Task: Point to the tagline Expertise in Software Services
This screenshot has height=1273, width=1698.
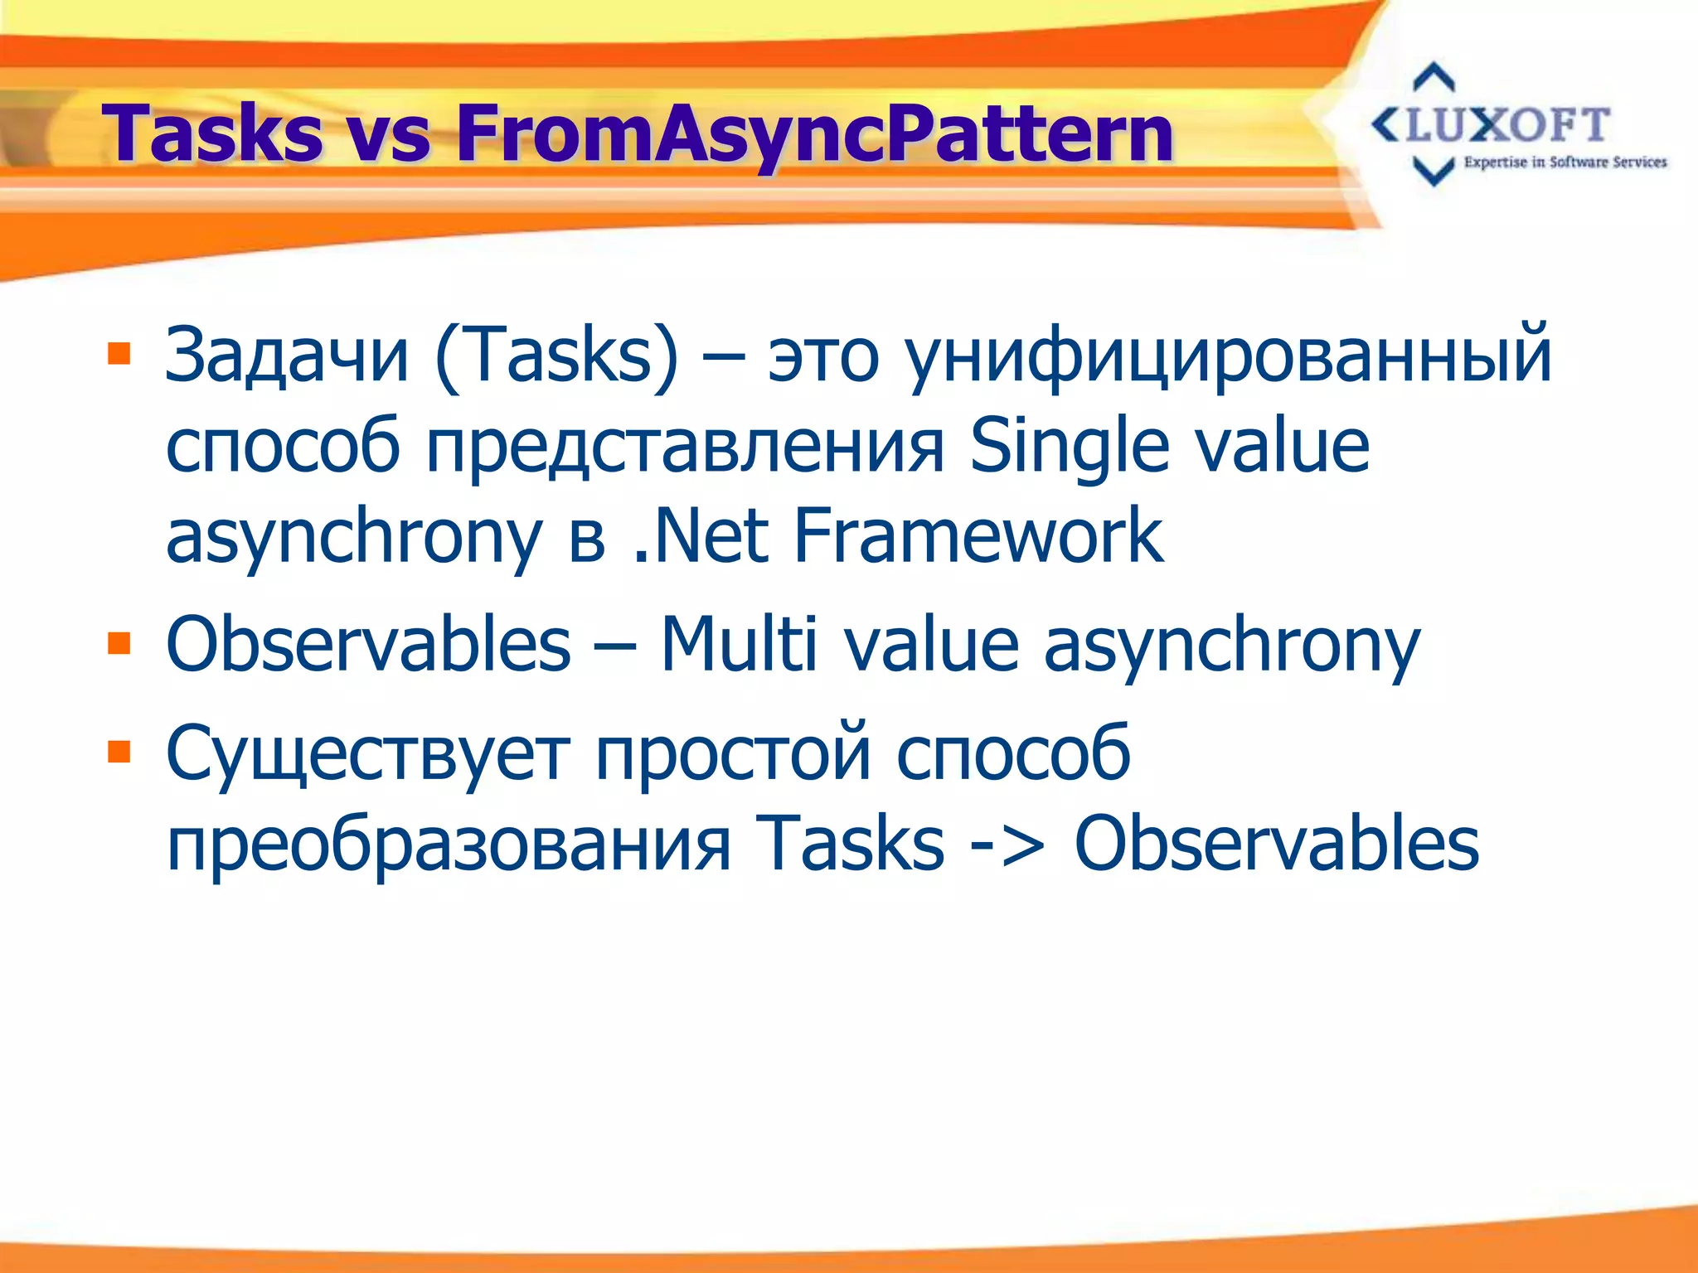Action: point(1565,162)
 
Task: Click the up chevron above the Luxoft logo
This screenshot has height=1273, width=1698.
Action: point(1434,78)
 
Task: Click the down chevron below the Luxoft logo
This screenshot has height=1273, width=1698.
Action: point(1434,172)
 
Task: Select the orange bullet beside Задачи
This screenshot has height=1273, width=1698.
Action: point(119,354)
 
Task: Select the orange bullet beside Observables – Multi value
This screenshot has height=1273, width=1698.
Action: point(119,643)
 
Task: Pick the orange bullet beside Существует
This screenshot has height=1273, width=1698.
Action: point(119,751)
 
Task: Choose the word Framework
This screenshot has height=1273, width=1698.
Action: point(978,536)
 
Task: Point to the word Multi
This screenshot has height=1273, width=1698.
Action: point(739,644)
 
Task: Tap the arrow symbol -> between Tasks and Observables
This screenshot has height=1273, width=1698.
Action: point(1008,844)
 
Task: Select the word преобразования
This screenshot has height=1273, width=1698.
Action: point(449,844)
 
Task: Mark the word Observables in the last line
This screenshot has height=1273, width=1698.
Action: point(1276,844)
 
